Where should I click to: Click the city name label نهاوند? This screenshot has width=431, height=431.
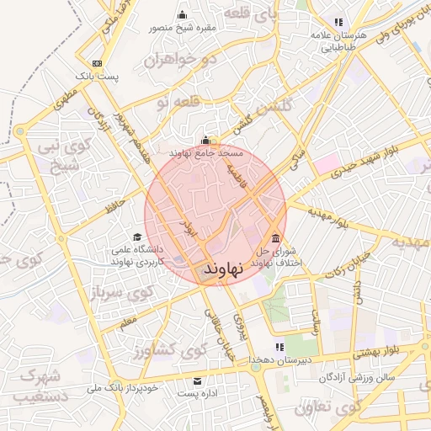click(x=223, y=269)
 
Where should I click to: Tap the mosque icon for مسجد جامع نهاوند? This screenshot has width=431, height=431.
click(x=207, y=141)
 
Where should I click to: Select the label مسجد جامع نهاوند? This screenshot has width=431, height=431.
click(x=206, y=154)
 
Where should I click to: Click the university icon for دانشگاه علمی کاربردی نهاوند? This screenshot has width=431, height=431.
click(x=137, y=237)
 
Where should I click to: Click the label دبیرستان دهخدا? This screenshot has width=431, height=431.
click(x=279, y=360)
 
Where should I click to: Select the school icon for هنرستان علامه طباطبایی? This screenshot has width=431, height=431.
click(x=338, y=23)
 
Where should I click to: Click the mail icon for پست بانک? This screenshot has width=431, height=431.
click(x=97, y=64)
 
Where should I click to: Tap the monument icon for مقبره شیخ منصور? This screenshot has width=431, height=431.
click(x=183, y=14)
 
